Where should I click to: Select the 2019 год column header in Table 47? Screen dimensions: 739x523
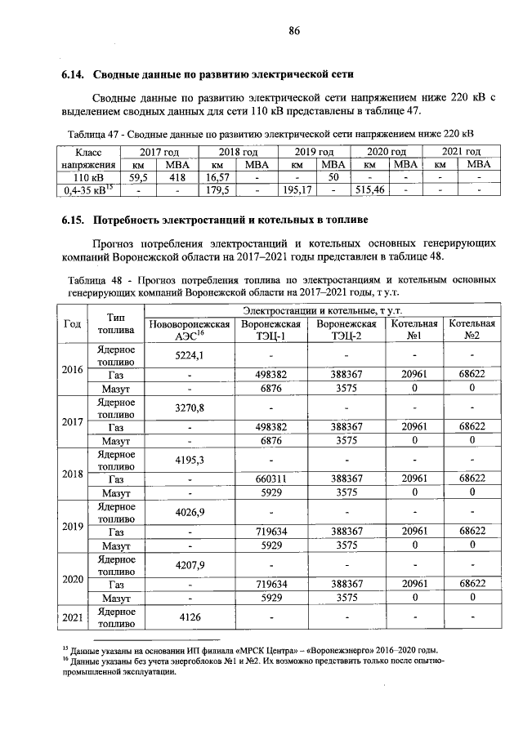[315, 152]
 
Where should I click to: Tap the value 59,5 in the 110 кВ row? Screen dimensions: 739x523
[136, 176]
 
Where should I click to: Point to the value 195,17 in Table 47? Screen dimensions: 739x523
[297, 189]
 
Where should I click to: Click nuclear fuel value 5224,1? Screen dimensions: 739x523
[189, 355]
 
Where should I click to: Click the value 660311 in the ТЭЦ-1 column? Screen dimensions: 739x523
[270, 479]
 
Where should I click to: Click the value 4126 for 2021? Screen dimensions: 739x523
[189, 617]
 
